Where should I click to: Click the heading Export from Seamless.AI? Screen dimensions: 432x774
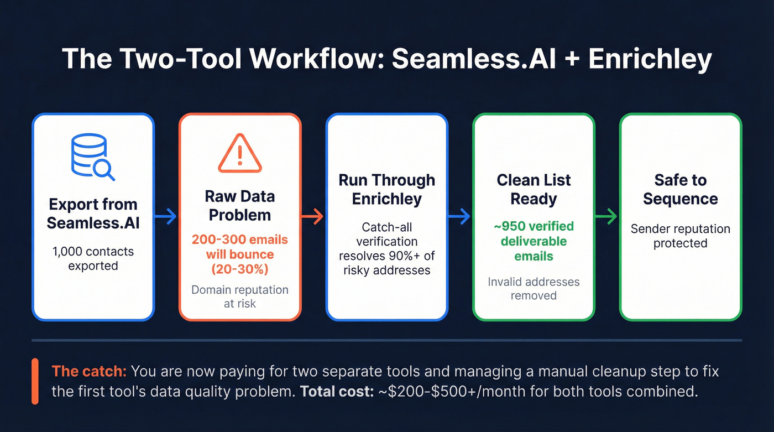coord(93,214)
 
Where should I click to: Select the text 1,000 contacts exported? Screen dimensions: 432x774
coord(93,258)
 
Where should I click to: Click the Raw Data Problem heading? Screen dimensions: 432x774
coord(239,205)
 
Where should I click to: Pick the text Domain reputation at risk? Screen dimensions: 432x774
coord(239,296)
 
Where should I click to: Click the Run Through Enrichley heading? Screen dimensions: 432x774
coord(386,189)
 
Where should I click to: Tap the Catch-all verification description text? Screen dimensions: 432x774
coord(386,249)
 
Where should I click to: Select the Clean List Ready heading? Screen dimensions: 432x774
coord(533,189)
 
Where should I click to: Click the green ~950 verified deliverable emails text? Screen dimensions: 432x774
coord(533,241)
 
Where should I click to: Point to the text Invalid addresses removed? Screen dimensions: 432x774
coord(533,288)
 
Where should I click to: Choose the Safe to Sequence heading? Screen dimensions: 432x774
coord(680,189)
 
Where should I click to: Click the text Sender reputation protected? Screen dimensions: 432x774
coord(680,236)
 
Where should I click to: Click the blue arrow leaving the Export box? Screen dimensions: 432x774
coord(166,217)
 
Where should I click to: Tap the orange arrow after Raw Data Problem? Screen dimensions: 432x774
coord(313,217)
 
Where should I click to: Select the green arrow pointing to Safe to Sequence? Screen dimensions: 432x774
coord(606,217)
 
